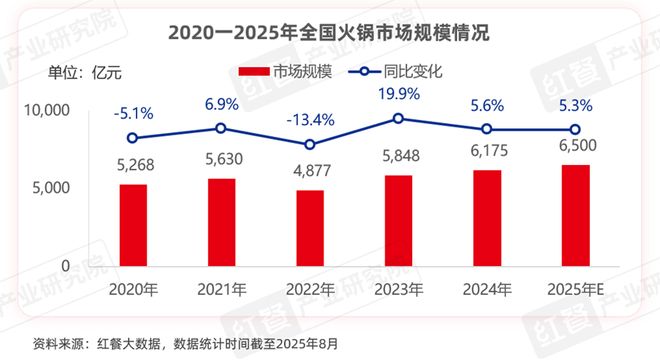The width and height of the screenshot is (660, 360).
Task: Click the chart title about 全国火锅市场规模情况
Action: click(330, 33)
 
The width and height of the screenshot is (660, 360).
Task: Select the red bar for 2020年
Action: click(134, 226)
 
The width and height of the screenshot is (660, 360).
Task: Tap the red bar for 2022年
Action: click(310, 229)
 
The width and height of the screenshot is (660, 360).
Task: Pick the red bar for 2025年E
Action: click(576, 216)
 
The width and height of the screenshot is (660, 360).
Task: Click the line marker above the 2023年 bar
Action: click(399, 118)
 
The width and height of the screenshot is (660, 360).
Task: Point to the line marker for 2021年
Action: click(222, 128)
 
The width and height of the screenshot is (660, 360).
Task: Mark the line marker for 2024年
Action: click(487, 129)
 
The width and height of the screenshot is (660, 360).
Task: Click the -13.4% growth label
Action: click(310, 118)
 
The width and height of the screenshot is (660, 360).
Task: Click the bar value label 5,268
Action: click(134, 167)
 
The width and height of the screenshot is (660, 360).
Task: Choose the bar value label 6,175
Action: click(487, 153)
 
